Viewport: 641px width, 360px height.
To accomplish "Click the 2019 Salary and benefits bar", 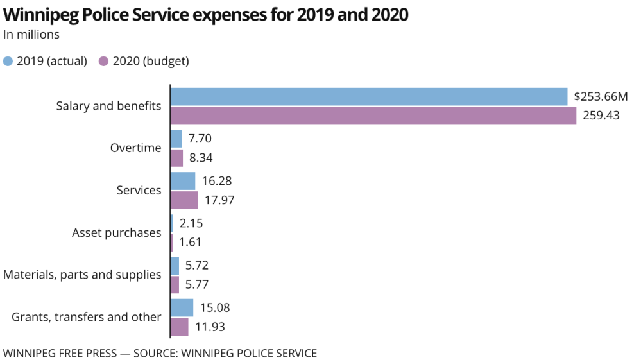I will (369, 96).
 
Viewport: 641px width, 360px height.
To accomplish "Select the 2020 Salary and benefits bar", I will (373, 116).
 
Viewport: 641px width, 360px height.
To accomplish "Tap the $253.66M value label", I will (601, 97).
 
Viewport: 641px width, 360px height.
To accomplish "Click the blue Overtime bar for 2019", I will (176, 139).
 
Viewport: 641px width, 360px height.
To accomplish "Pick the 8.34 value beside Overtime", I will (202, 158).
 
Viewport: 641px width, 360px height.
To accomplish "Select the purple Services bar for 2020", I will (184, 200).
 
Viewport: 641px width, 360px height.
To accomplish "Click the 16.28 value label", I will (216, 181).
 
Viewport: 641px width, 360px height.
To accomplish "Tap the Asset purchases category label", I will (116, 232).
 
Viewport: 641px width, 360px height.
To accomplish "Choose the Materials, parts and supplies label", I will (82, 275).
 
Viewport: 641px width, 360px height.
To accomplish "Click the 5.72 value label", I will (196, 265).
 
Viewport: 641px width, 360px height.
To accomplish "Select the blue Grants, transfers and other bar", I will (182, 307).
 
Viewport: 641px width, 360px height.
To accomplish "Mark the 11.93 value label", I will (210, 327).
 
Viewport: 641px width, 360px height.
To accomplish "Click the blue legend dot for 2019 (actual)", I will (8, 61).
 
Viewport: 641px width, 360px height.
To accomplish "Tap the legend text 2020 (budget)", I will (150, 61).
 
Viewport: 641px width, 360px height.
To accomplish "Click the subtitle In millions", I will (31, 35).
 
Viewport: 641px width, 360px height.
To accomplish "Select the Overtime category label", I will (135, 148).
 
